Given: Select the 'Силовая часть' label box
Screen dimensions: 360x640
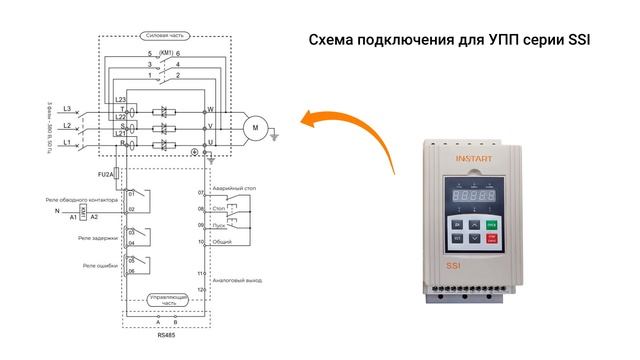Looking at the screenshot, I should (x=164, y=33).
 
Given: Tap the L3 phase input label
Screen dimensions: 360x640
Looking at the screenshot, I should (x=66, y=108).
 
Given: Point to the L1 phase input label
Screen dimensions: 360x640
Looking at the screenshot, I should (x=66, y=144).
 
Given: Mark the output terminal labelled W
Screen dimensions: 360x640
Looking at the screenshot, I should (x=210, y=108).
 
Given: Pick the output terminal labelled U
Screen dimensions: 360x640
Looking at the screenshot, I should (x=210, y=144).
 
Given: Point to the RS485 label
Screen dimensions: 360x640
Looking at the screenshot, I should (x=165, y=337).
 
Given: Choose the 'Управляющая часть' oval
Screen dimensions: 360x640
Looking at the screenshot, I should (x=164, y=299).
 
